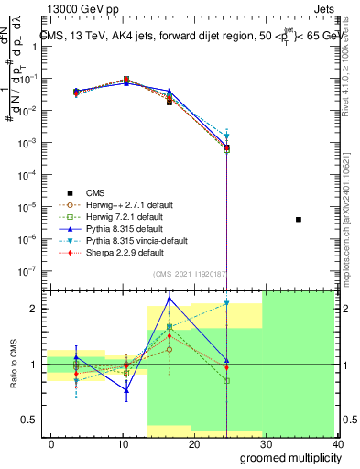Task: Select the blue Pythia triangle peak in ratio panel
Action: click(x=169, y=299)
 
